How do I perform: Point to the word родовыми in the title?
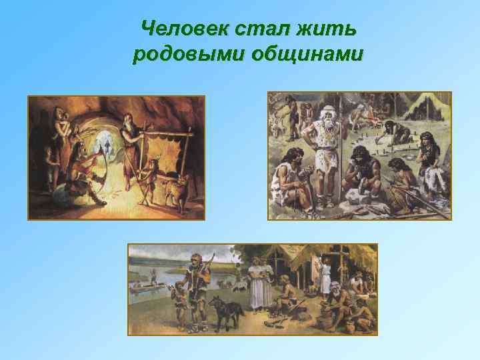(x=187, y=54)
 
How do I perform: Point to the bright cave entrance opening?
(x=104, y=143)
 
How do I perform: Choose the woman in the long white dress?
(x=259, y=283)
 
